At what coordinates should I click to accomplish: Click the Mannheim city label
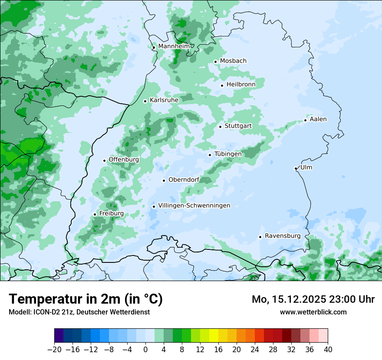tap(174, 46)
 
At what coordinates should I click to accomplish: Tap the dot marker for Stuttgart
tap(221, 127)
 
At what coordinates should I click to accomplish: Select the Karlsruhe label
tap(164, 100)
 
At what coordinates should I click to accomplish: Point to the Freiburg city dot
tap(95, 214)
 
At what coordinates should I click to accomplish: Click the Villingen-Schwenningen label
tap(194, 206)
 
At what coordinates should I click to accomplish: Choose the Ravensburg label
tap(283, 236)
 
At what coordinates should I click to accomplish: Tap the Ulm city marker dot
tap(296, 168)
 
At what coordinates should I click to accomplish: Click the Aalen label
tap(318, 119)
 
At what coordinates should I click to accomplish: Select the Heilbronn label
tap(241, 85)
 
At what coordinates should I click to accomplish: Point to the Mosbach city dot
tap(215, 62)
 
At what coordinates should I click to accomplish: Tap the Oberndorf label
tap(184, 180)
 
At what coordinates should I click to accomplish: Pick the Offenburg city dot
tap(104, 160)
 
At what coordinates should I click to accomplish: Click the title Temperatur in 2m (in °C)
tap(86, 299)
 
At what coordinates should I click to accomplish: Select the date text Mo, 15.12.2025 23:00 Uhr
tap(313, 299)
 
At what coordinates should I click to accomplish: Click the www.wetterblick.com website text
tap(313, 312)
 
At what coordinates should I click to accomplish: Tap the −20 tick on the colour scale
tap(55, 349)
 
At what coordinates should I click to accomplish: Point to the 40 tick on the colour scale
tap(328, 349)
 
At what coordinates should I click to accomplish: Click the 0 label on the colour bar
tap(145, 349)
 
